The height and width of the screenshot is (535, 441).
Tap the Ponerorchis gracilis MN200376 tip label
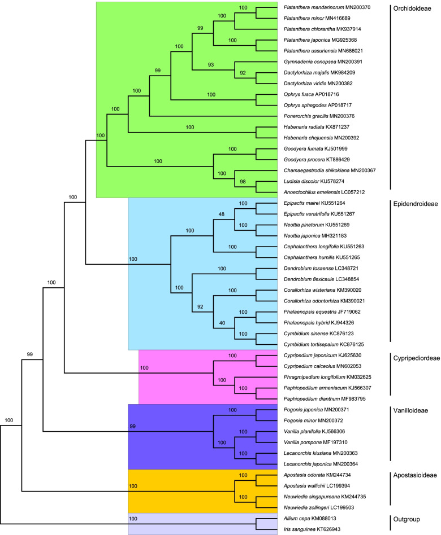tap(319, 116)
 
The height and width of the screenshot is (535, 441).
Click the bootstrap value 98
tap(244, 181)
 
